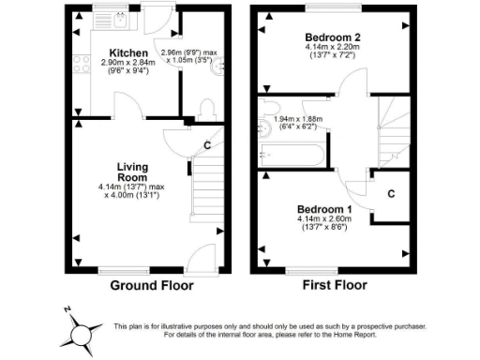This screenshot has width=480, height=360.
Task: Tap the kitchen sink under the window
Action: pos(120,19)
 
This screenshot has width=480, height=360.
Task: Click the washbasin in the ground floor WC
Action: pos(218,67)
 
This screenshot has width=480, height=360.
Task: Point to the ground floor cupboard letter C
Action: pos(206,145)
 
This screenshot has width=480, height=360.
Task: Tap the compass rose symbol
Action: pos(82,332)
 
